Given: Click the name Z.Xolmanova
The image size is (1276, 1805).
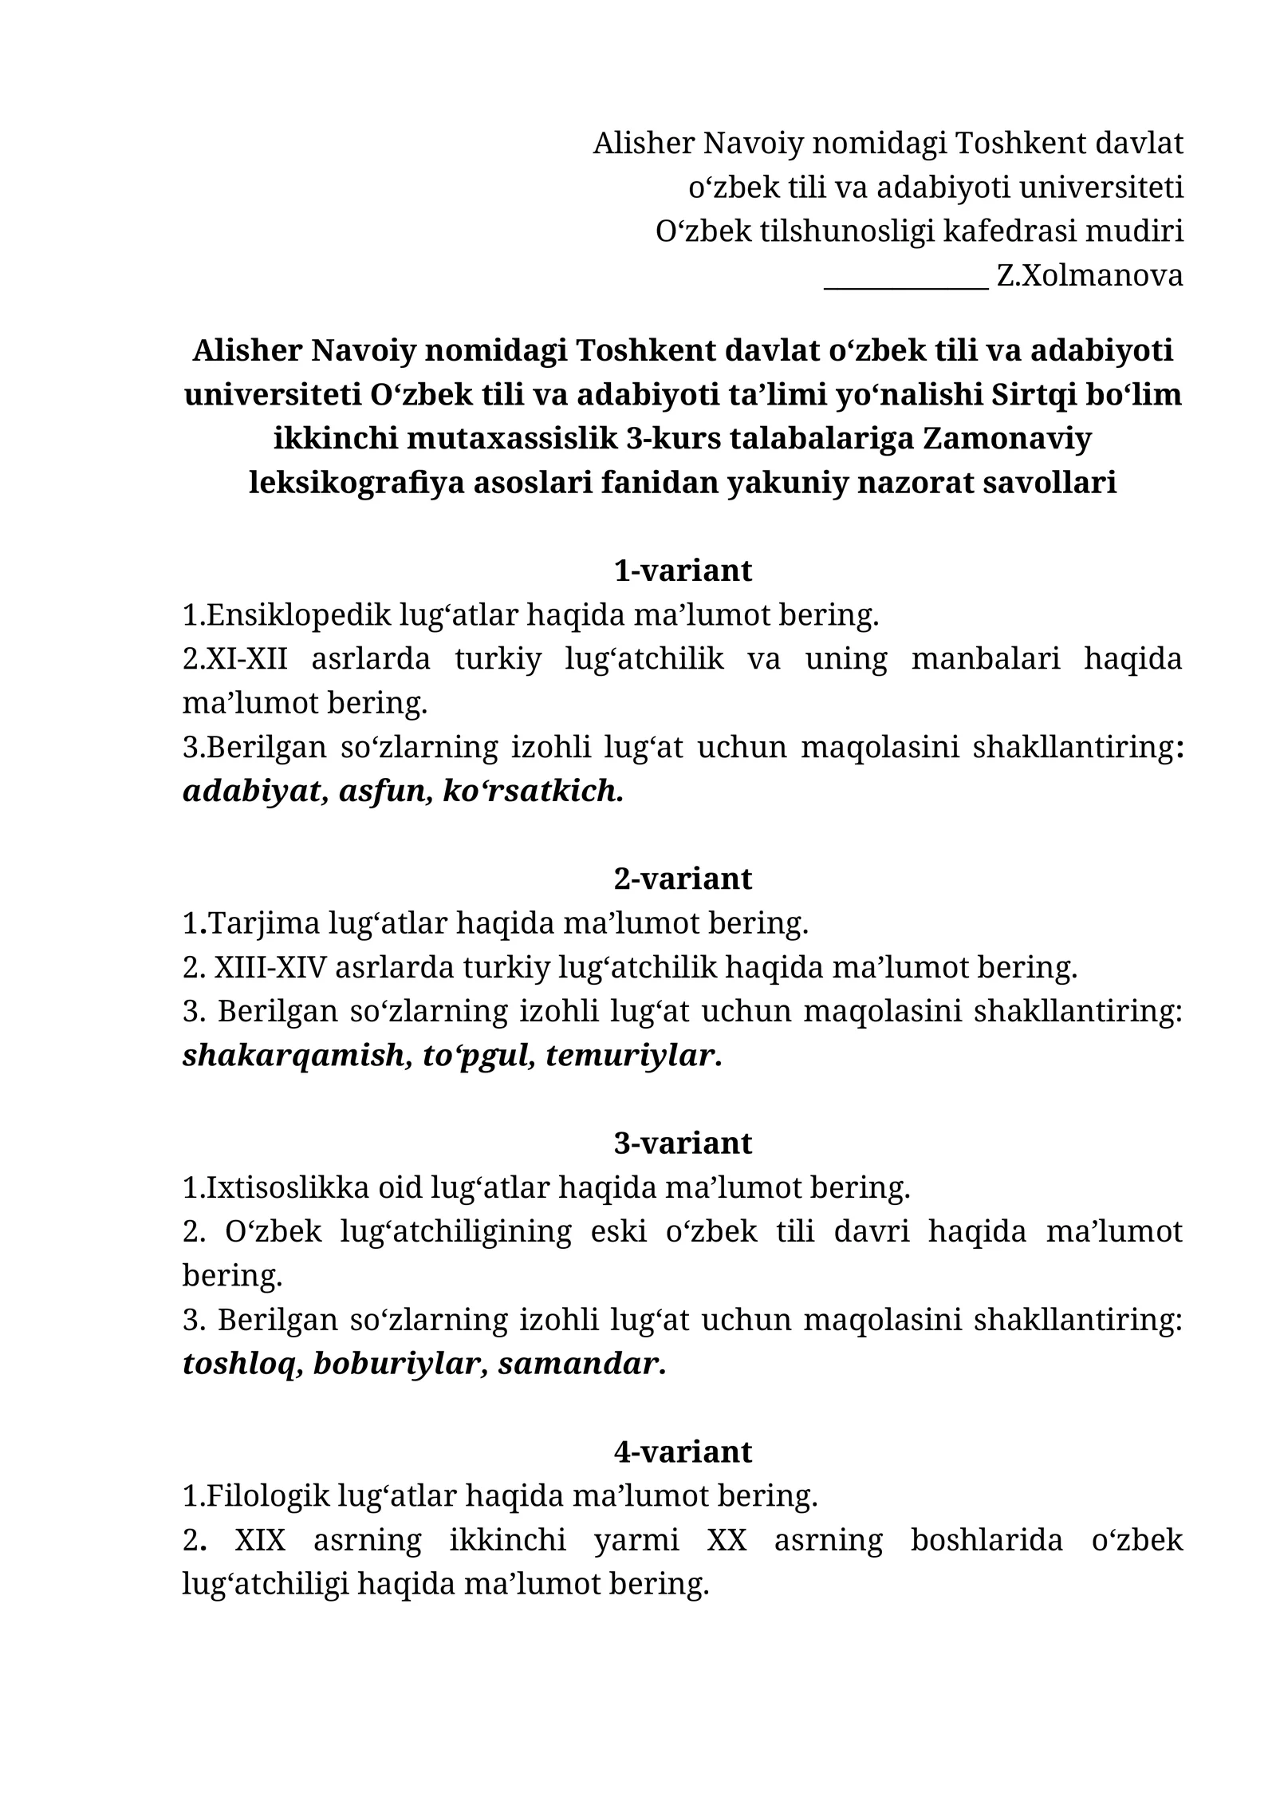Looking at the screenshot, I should tap(1089, 276).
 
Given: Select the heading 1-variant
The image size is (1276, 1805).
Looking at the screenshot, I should tap(683, 571).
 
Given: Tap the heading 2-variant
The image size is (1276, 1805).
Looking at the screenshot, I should tap(683, 879).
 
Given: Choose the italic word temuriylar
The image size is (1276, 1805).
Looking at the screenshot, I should tap(634, 1056).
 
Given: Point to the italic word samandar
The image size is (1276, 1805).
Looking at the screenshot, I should tap(582, 1364).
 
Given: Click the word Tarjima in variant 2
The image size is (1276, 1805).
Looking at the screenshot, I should tap(263, 923).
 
